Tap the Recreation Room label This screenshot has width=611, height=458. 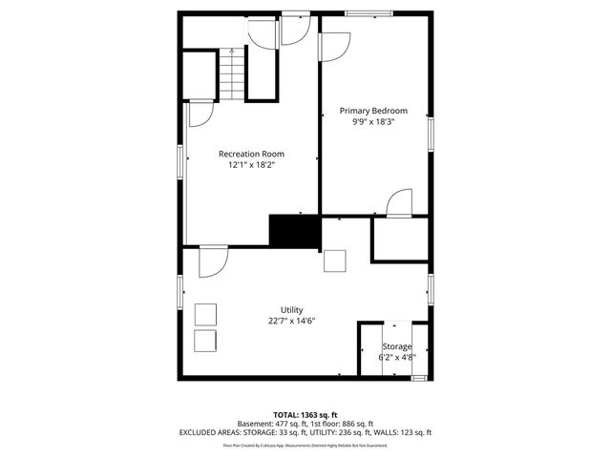tap(251, 154)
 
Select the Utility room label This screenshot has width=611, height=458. tap(291, 310)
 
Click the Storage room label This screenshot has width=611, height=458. tap(397, 346)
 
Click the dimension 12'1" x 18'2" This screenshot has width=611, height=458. tap(251, 165)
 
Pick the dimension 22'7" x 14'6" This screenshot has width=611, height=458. tap(291, 322)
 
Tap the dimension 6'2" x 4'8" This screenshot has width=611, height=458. tap(397, 357)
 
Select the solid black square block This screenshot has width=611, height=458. tap(293, 232)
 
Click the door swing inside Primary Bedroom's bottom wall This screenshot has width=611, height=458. tap(399, 204)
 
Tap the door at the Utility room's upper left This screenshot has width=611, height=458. tap(213, 260)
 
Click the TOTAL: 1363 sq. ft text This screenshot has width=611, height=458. tap(305, 415)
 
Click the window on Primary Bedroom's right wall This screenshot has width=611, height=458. tap(431, 133)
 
